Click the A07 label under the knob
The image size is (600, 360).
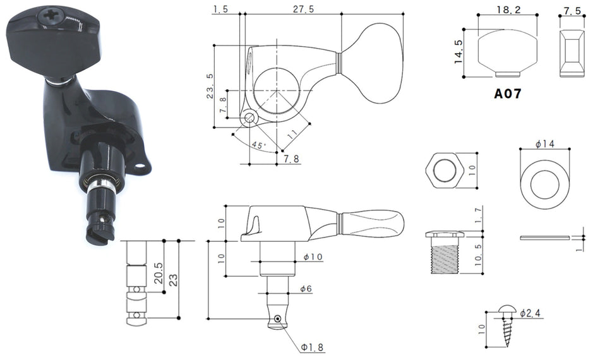pyautogui.click(x=507, y=93)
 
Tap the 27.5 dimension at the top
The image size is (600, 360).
pyautogui.click(x=303, y=9)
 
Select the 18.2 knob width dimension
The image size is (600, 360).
pyautogui.click(x=508, y=9)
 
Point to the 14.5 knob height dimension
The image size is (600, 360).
pyautogui.click(x=459, y=52)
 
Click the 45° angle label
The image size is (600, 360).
pyautogui.click(x=258, y=145)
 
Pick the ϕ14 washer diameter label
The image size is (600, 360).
pyautogui.click(x=545, y=144)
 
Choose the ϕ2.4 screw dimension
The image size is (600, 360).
pyautogui.click(x=531, y=313)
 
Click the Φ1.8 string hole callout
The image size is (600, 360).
pyautogui.click(x=312, y=347)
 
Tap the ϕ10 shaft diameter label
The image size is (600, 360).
pyautogui.click(x=313, y=256)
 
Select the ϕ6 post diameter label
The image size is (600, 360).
pyautogui.click(x=306, y=289)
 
